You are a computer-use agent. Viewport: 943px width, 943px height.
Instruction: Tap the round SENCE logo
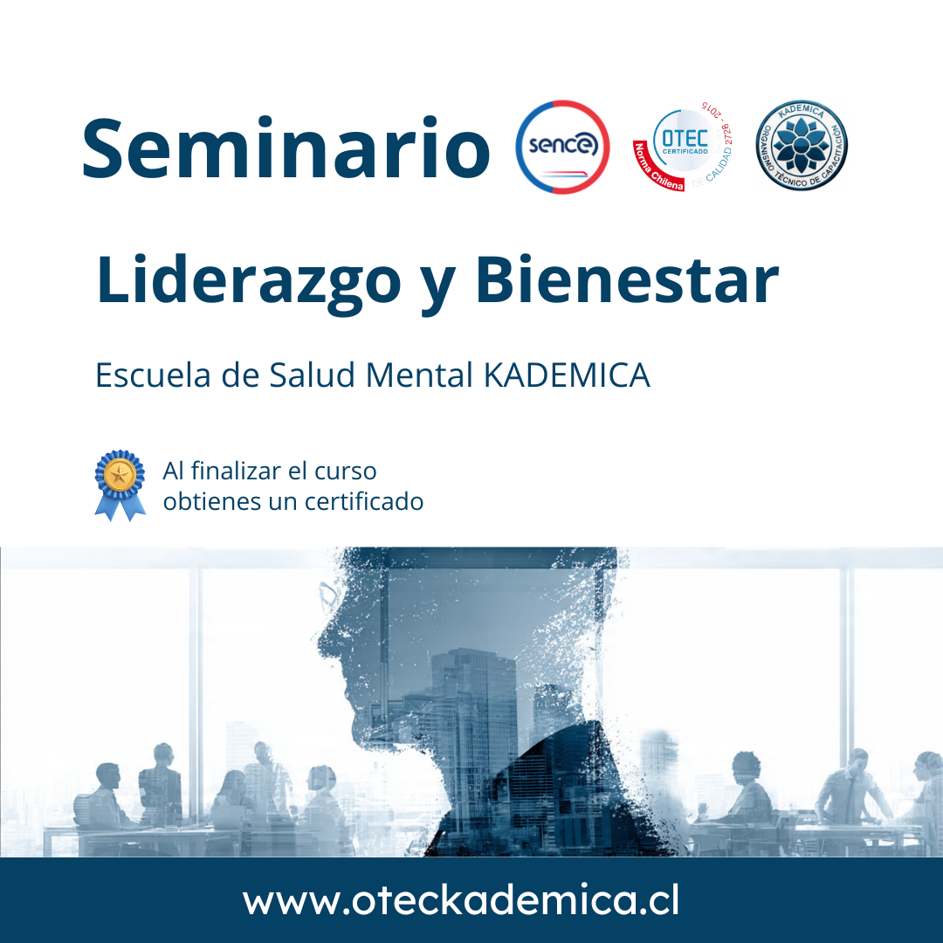click(562, 147)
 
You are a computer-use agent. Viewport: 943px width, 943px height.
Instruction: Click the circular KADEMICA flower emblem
click(802, 147)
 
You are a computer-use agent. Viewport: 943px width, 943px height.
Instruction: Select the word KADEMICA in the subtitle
click(567, 375)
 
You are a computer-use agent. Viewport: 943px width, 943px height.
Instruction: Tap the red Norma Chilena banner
click(655, 169)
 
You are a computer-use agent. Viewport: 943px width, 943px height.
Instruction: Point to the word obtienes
click(211, 502)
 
